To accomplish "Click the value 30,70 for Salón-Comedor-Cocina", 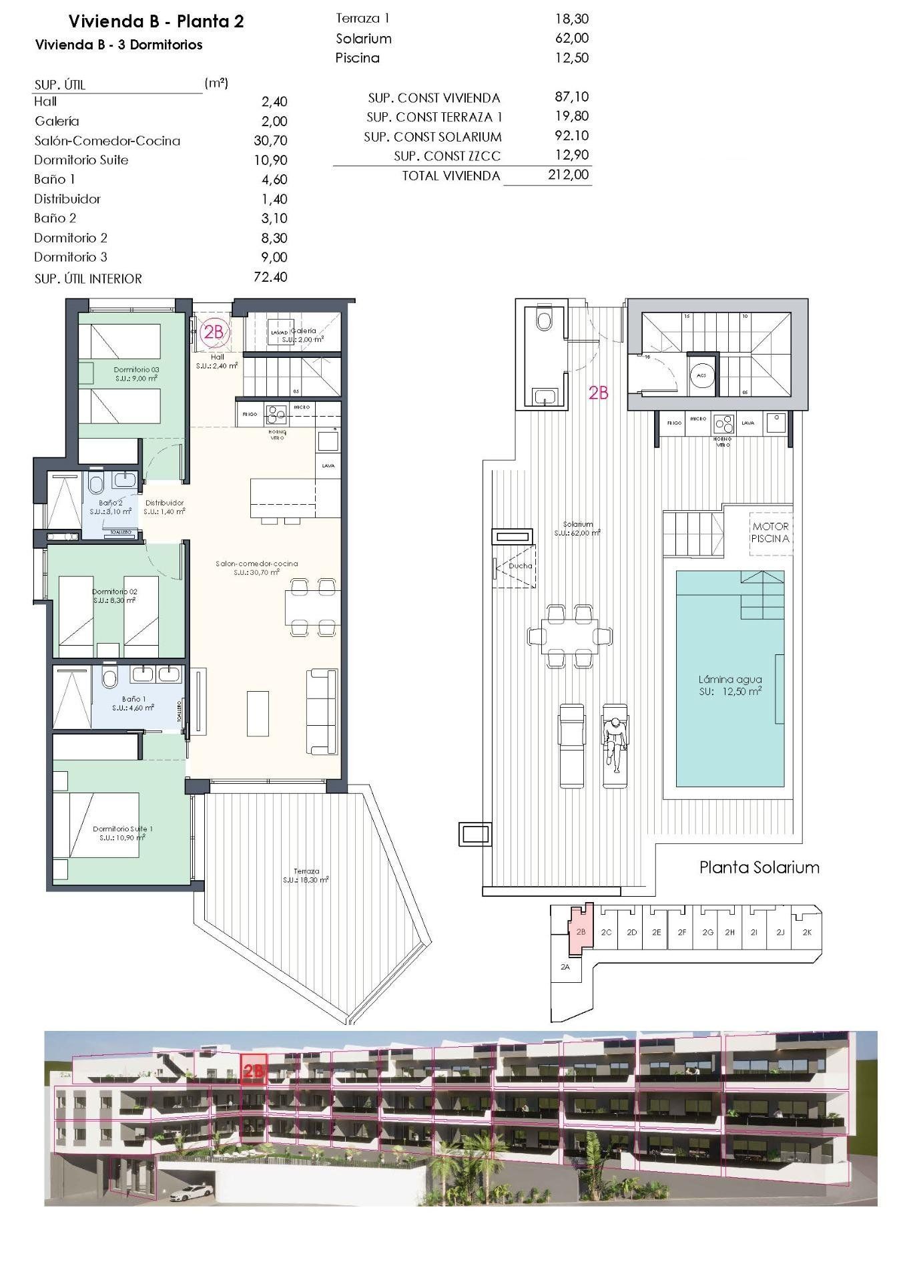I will tap(270, 140).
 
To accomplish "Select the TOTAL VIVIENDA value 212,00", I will tap(568, 175).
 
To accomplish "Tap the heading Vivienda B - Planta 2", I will tap(156, 21).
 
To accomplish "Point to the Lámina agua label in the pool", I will tap(730, 680).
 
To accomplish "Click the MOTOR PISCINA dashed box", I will tap(770, 532).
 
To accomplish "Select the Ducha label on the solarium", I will tap(520, 566).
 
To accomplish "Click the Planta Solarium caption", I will tap(759, 867).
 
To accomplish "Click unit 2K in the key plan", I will tap(808, 932).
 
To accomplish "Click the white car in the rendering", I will tap(192, 1191).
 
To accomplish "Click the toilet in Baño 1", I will tap(109, 679).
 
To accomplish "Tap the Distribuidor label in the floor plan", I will tap(164, 503).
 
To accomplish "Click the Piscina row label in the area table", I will tap(357, 58).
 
